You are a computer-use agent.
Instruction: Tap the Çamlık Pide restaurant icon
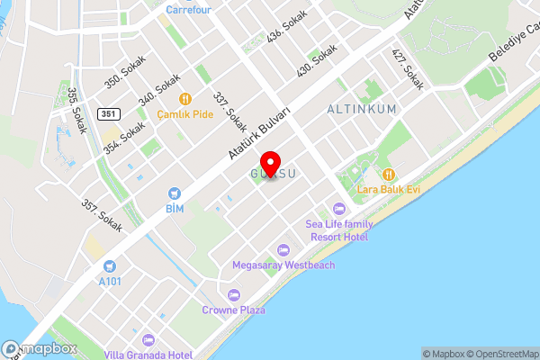coord(184,99)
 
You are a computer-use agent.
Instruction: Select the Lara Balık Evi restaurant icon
coord(389,174)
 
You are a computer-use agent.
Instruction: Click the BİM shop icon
coord(174,193)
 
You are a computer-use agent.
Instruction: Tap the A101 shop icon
coord(110,266)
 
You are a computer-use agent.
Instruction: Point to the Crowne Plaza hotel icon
coord(234,294)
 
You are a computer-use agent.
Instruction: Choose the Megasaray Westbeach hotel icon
coord(283,249)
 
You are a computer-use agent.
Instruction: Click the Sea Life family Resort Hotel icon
coord(337,209)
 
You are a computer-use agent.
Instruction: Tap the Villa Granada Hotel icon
coord(148,339)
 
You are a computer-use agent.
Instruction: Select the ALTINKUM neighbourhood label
coord(360,108)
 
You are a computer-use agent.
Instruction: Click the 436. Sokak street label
coord(287,28)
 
